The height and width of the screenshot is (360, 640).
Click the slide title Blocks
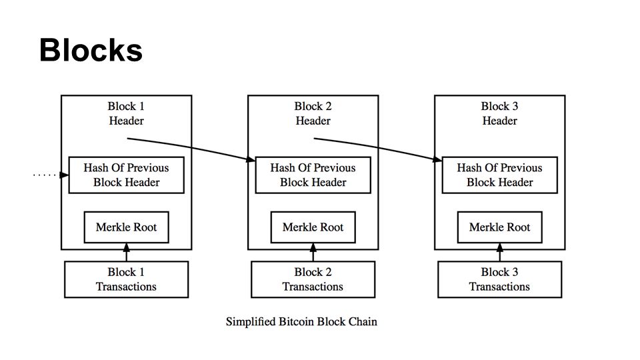(91, 50)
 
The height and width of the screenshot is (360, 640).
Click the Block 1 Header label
(126, 113)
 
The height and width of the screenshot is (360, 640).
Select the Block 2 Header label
(313, 113)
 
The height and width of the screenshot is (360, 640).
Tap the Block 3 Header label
(499, 113)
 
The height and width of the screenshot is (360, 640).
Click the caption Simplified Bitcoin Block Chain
(301, 321)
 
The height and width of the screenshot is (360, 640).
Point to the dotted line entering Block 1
(45, 175)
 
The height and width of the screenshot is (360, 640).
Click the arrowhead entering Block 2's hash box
(251, 159)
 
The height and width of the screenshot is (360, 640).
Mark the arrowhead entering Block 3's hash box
(437, 159)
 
